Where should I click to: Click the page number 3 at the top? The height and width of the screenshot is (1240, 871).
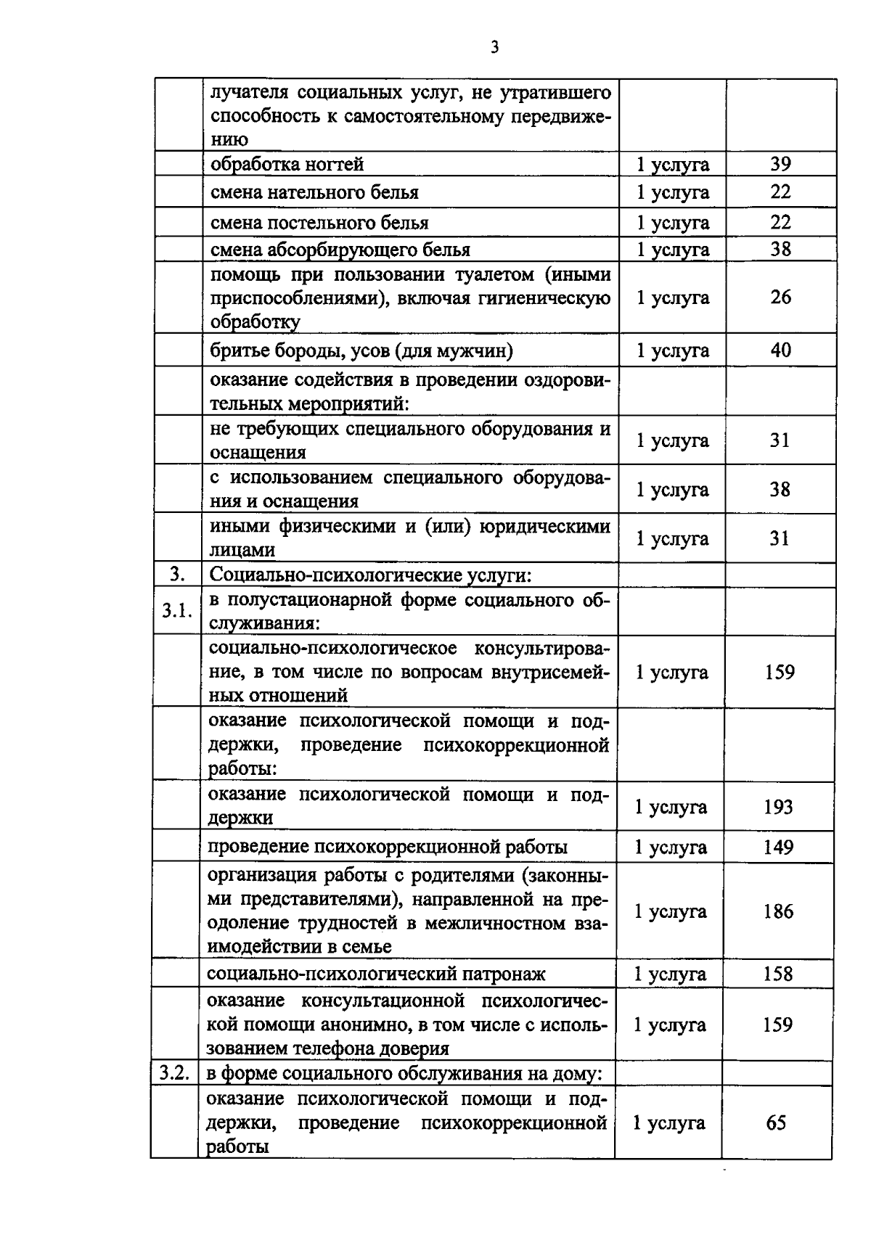[x=494, y=48]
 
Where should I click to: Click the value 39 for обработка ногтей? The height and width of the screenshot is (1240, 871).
[x=780, y=164]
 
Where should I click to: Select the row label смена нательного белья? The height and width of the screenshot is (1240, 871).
[x=314, y=193]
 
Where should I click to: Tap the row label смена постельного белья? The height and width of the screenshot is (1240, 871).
[x=319, y=223]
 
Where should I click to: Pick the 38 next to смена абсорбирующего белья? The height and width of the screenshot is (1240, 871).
[x=780, y=250]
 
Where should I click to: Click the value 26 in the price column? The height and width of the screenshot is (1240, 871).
[x=780, y=297]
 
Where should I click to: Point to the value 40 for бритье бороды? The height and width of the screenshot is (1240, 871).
[x=780, y=350]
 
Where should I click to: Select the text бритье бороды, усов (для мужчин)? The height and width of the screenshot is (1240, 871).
[x=361, y=351]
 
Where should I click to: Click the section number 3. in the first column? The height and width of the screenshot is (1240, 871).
[x=176, y=575]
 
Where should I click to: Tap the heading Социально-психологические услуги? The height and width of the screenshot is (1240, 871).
[x=371, y=575]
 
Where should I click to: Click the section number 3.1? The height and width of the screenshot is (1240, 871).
[x=176, y=611]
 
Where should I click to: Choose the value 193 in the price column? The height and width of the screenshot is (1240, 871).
[x=778, y=807]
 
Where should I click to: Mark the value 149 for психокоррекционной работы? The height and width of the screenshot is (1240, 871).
[x=778, y=847]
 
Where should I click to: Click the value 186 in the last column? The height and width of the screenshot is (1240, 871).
[x=778, y=911]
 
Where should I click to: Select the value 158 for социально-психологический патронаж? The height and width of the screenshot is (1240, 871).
[x=778, y=974]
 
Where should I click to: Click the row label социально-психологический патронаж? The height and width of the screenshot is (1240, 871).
[x=376, y=974]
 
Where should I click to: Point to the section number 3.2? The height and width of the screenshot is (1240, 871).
[x=174, y=1072]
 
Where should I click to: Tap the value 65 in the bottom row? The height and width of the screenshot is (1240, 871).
[x=776, y=1123]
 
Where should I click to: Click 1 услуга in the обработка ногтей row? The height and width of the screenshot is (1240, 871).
[x=672, y=165]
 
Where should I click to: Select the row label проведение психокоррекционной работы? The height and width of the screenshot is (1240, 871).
[x=388, y=847]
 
